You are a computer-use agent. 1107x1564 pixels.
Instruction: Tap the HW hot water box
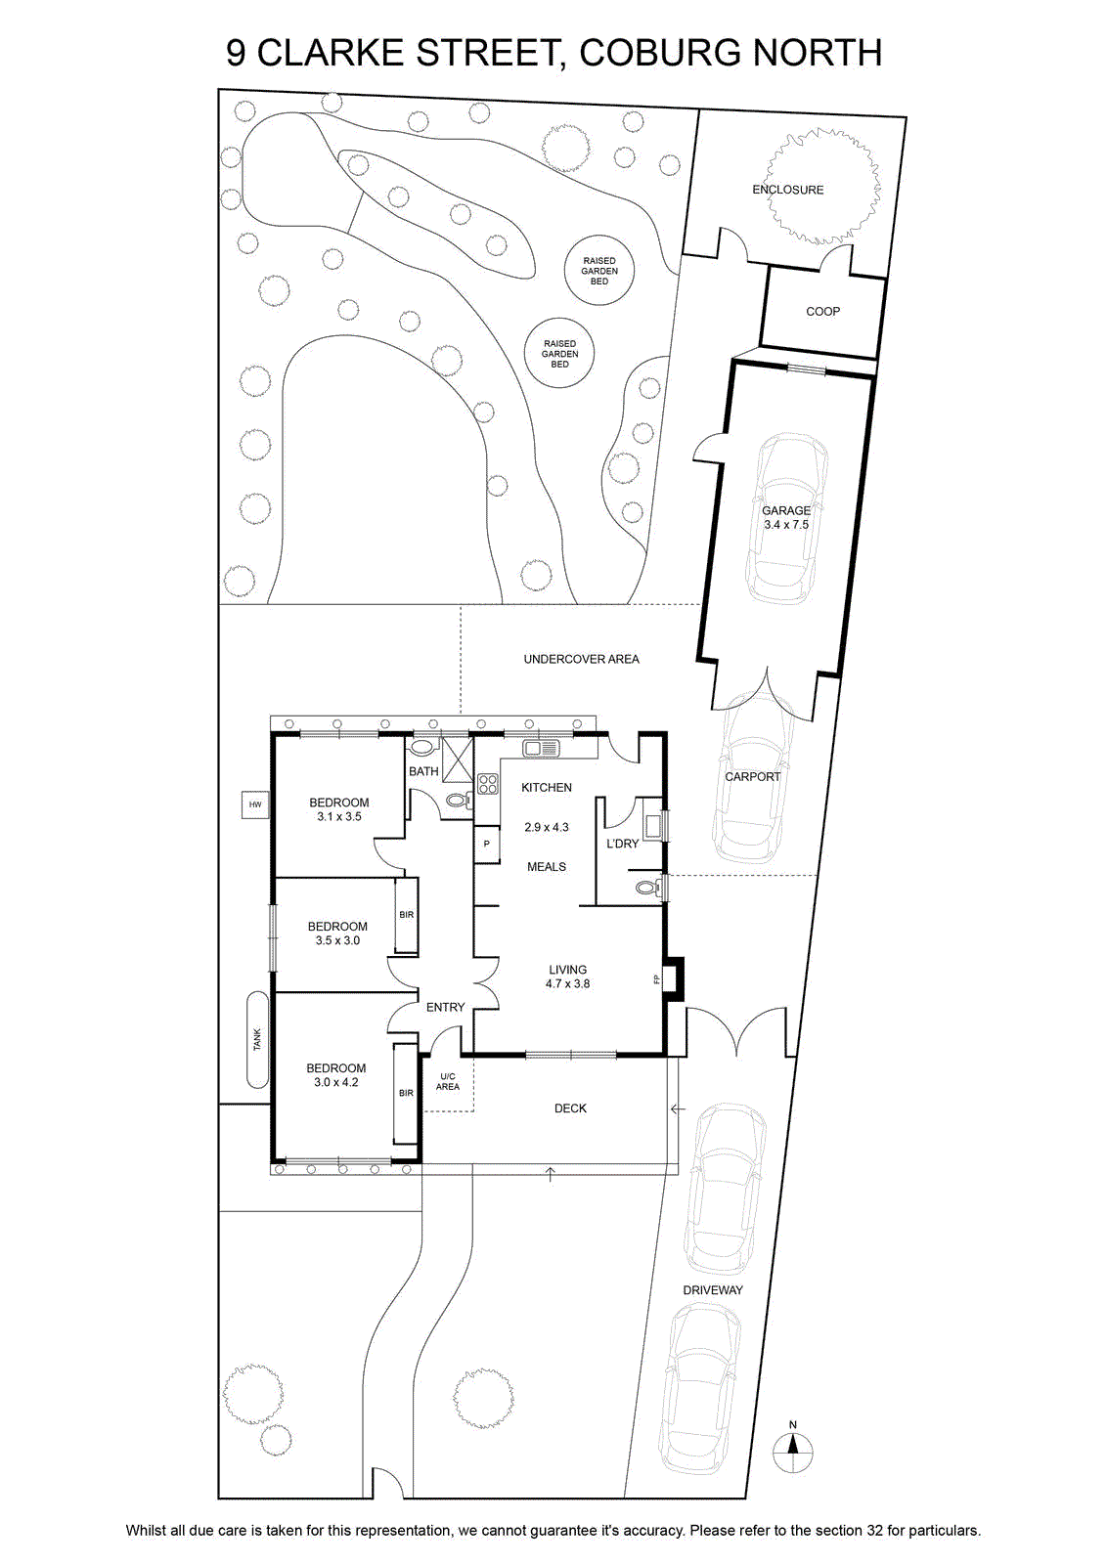(255, 804)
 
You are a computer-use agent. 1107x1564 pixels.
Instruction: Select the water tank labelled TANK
(258, 1040)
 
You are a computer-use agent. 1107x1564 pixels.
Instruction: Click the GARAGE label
(785, 510)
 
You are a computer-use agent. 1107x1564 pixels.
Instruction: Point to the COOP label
(822, 312)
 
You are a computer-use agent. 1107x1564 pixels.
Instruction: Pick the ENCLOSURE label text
(788, 190)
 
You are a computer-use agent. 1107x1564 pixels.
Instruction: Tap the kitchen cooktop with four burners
(488, 783)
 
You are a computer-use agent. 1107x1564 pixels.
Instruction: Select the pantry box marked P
(487, 845)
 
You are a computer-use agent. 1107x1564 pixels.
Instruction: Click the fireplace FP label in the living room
(656, 978)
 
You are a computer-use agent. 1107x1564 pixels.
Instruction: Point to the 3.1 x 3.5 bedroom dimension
(339, 816)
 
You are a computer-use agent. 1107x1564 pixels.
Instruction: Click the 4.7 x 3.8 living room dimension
(568, 983)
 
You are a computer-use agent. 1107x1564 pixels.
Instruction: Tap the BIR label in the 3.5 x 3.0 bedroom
(407, 915)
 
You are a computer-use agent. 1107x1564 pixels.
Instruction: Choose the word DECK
(570, 1108)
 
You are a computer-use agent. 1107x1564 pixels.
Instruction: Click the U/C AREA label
(448, 1081)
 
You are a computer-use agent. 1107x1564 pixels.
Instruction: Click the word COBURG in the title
(652, 53)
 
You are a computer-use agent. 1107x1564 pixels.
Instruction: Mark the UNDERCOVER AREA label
(582, 659)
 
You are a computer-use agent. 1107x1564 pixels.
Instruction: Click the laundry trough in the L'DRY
(653, 827)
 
